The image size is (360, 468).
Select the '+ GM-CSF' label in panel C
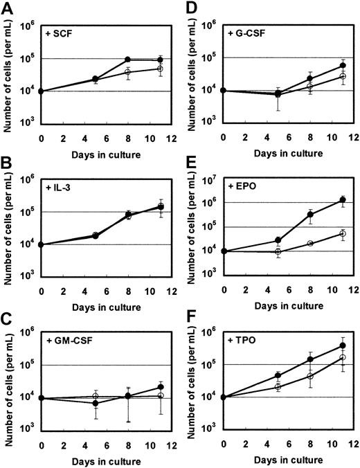point(69,341)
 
